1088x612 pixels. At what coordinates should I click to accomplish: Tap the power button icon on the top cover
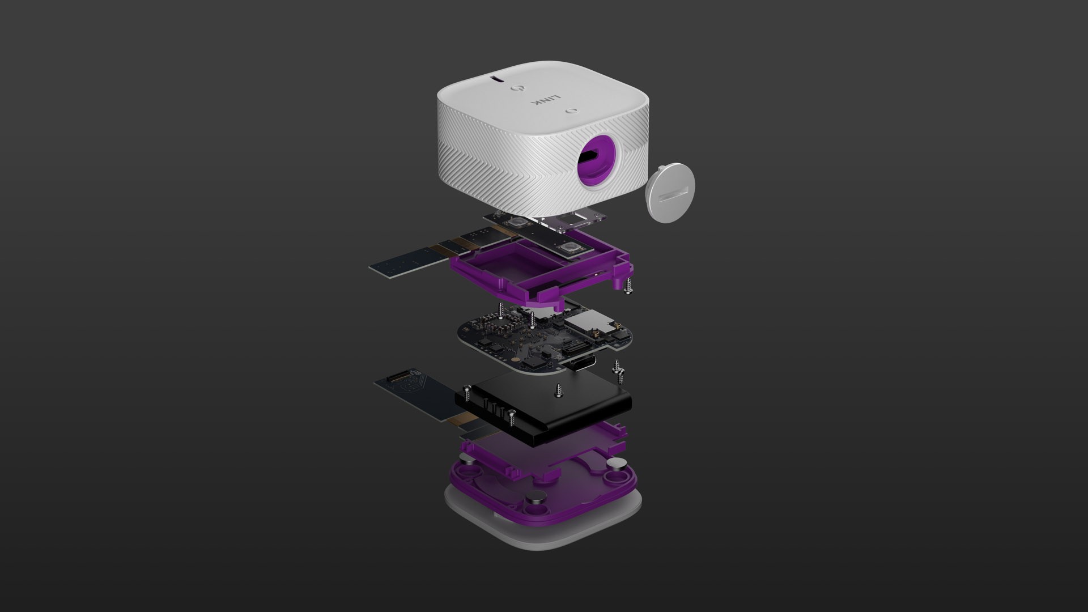(516, 89)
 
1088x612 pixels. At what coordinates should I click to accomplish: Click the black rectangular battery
(544, 402)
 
